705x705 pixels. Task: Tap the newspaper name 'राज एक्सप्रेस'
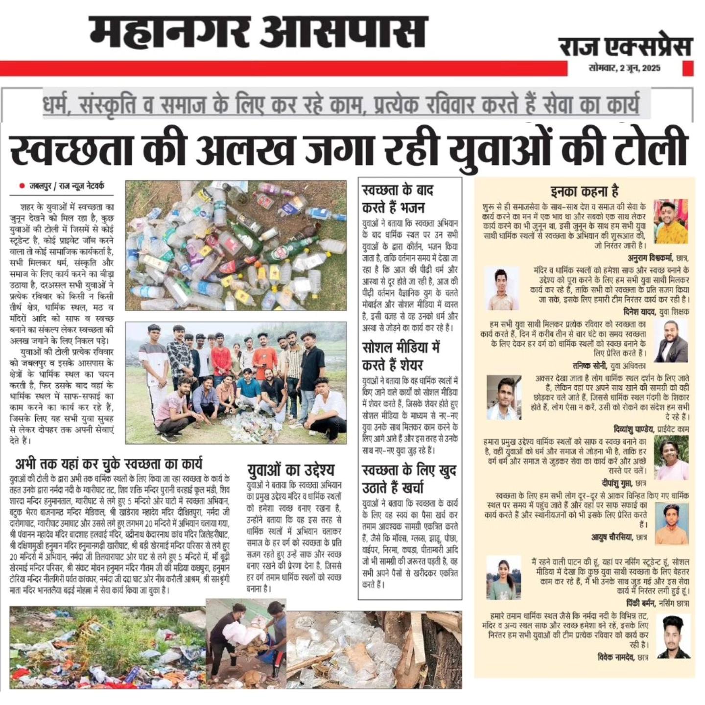[x=625, y=47]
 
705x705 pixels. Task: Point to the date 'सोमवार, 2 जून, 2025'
[x=624, y=68]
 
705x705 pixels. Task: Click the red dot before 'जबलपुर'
[x=22, y=186]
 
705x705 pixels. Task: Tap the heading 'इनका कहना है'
[x=584, y=191]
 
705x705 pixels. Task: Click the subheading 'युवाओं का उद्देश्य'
[x=290, y=470]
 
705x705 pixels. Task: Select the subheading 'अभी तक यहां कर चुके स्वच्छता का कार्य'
[x=108, y=464]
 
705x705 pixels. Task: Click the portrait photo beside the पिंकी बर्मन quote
[x=503, y=578]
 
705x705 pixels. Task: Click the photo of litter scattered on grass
[x=107, y=647]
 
